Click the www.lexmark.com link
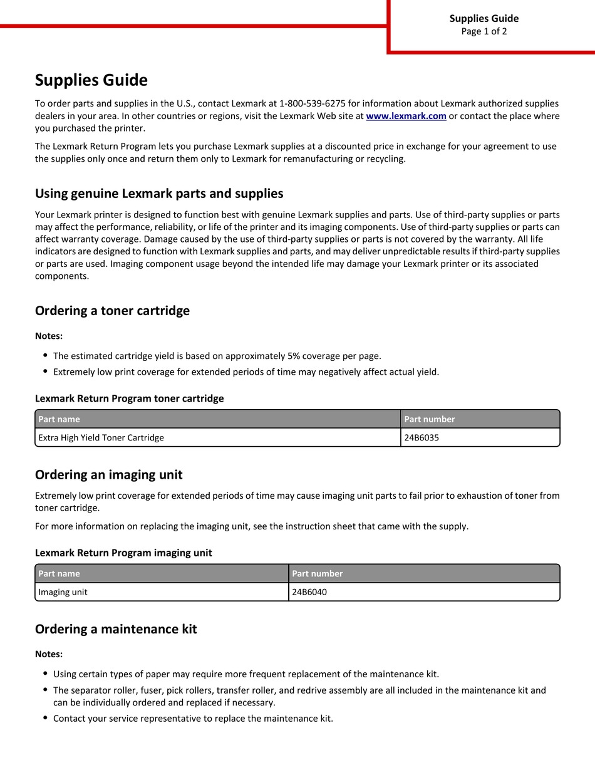[x=406, y=116]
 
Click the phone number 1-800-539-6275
[x=313, y=103]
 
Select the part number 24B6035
[x=422, y=437]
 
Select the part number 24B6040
[x=309, y=592]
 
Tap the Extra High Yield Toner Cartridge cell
[x=101, y=437]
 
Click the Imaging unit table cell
[x=63, y=592]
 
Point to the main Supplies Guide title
[x=91, y=80]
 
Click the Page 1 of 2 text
[x=484, y=31]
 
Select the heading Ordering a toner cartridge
[x=112, y=311]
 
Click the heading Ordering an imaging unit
[x=108, y=474]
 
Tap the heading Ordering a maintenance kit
[x=116, y=629]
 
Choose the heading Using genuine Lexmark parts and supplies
[x=159, y=194]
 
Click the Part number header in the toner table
[x=430, y=419]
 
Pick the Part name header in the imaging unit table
[x=59, y=573]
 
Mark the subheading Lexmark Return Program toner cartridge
[x=129, y=398]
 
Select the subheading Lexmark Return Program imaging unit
[x=123, y=553]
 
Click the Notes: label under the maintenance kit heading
[x=49, y=654]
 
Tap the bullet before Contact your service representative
[x=45, y=718]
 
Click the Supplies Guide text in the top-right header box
[x=484, y=18]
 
